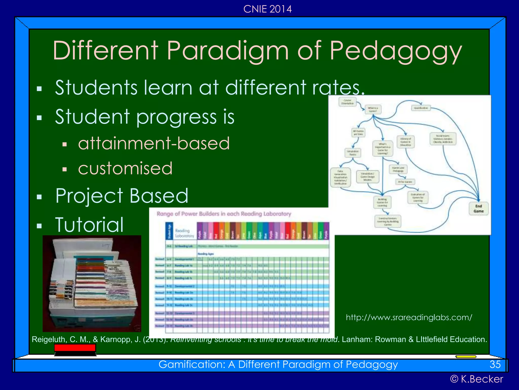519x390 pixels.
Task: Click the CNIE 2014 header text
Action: (x=267, y=9)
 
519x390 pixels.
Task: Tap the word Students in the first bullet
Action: (x=96, y=88)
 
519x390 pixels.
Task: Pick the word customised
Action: (x=125, y=168)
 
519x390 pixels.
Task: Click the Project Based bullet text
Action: (x=122, y=196)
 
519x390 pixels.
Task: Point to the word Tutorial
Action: (x=89, y=225)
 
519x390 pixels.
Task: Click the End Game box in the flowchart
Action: (x=478, y=209)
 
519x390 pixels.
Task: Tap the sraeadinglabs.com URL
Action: (x=409, y=317)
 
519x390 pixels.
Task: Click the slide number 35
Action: (x=495, y=364)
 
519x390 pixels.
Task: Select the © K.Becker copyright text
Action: (x=476, y=379)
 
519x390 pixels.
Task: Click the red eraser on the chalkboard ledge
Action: (x=75, y=348)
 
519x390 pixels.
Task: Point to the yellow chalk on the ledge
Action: (x=466, y=356)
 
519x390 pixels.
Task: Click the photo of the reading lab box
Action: (x=92, y=283)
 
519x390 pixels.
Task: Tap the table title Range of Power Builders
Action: (x=224, y=214)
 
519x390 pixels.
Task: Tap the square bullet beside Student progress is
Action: (x=39, y=118)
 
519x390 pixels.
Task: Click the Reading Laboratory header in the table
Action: (x=184, y=233)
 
